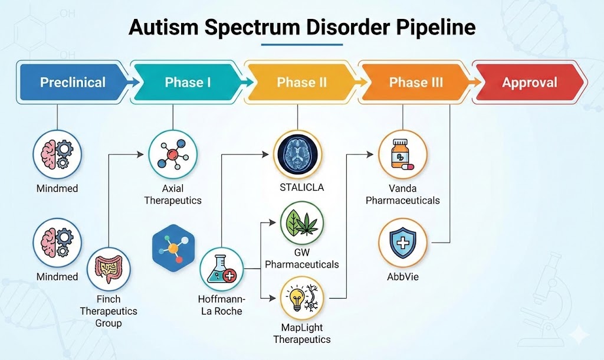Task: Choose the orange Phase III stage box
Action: point(415,83)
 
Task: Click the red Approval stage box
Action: point(529,83)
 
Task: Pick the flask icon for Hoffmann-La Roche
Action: point(221,269)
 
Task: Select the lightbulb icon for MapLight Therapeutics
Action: point(302,298)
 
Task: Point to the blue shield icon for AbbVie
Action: point(403,242)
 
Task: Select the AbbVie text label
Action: point(403,276)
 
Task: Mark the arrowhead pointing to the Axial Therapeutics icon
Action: point(140,155)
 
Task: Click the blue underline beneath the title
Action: point(301,44)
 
